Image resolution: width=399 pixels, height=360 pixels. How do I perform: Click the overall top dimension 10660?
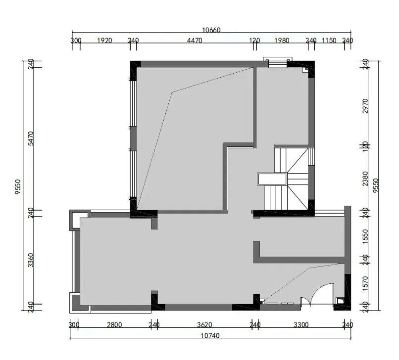click(x=211, y=30)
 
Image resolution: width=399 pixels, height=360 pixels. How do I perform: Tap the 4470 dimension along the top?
click(x=194, y=41)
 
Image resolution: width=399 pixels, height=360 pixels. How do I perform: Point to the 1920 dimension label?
click(x=104, y=41)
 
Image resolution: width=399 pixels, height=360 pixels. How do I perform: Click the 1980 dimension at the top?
click(x=282, y=41)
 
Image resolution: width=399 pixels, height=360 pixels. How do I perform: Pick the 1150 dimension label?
click(x=329, y=41)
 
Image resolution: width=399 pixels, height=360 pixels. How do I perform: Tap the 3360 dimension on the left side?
click(x=31, y=260)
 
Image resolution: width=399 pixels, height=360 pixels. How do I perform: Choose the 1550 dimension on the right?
click(x=365, y=235)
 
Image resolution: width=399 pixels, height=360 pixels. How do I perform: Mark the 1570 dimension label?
click(x=365, y=282)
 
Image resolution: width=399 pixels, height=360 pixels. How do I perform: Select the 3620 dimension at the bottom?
click(x=204, y=325)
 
